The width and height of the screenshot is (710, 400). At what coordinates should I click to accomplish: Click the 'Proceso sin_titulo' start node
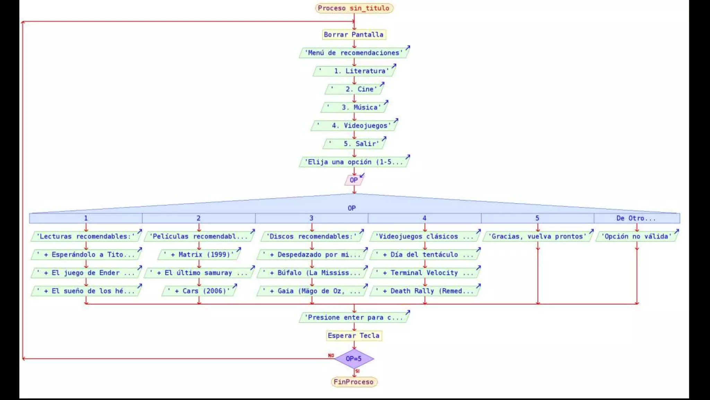pos(354,8)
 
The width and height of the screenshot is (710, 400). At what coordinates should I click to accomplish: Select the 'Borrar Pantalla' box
pos(354,34)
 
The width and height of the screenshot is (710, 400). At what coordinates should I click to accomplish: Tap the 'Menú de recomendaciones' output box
pos(354,53)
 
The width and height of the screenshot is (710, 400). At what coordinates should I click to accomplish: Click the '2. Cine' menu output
pos(354,89)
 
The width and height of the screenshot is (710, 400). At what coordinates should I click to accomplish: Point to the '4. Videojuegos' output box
pos(354,126)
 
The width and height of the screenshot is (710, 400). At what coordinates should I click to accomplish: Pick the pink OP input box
pos(354,180)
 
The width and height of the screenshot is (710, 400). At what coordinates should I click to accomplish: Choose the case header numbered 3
pos(311,218)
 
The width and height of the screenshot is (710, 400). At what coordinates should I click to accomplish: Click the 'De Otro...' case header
pos(636,218)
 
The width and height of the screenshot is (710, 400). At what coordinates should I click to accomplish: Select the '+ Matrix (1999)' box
pos(199,255)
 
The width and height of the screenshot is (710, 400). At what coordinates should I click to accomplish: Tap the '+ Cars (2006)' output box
pos(199,291)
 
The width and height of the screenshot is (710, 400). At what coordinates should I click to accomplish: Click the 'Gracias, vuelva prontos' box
pos(537,236)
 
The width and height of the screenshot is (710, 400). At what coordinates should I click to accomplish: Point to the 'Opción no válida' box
pos(637,236)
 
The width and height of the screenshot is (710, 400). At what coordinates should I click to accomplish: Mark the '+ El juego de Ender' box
pos(86,273)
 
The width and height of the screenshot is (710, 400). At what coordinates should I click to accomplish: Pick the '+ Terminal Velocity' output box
pos(425,273)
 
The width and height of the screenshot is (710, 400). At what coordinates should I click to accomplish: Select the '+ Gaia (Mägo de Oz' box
pos(312,291)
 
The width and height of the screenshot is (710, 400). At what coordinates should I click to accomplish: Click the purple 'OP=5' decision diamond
pos(354,359)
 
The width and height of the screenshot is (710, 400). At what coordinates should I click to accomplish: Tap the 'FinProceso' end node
pos(354,382)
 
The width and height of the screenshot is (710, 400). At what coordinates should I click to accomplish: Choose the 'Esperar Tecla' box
pos(354,336)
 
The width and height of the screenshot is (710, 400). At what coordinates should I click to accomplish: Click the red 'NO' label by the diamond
pos(331,356)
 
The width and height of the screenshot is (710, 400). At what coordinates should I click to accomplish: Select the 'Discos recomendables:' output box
pos(312,236)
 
